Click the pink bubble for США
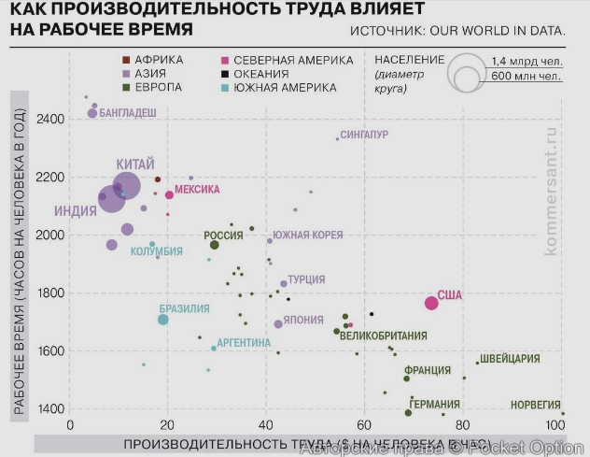pyautogui.click(x=431, y=303)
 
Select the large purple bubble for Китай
pyautogui.click(x=126, y=186)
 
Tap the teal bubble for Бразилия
pyautogui.click(x=162, y=320)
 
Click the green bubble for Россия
pyautogui.click(x=214, y=245)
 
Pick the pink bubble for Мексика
pyautogui.click(x=169, y=195)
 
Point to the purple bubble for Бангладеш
pyautogui.click(x=92, y=113)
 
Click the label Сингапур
pyautogui.click(x=364, y=135)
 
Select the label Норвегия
pyautogui.click(x=536, y=405)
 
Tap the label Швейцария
pyautogui.click(x=510, y=358)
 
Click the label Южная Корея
pyautogui.click(x=307, y=235)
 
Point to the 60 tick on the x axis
pyautogui.click(x=363, y=426)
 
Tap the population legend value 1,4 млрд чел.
pyautogui.click(x=523, y=60)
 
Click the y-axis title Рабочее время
pyautogui.click(x=18, y=252)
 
